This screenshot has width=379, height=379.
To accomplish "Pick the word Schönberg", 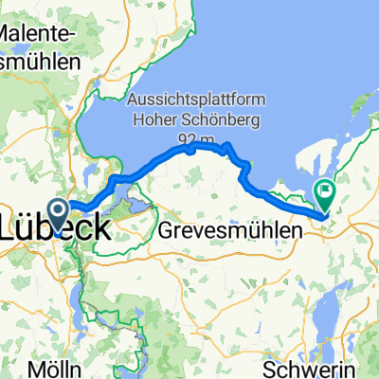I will [226, 120].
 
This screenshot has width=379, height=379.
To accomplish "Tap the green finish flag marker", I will [325, 193].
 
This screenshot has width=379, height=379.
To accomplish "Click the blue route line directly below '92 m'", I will [191, 149].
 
